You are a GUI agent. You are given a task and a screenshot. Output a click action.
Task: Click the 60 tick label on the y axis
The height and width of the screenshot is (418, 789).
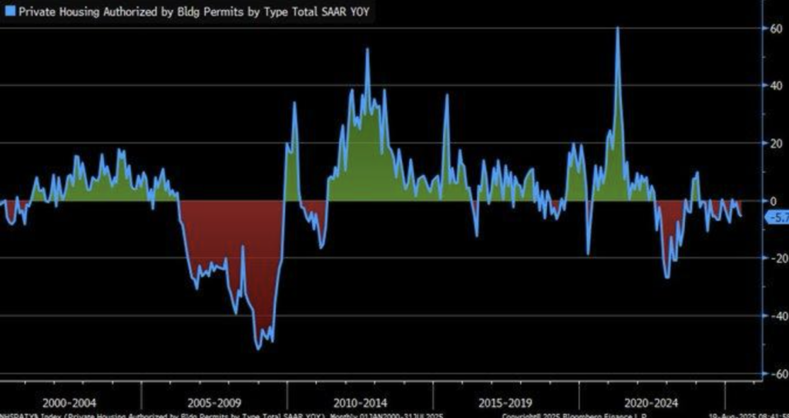point(773,28)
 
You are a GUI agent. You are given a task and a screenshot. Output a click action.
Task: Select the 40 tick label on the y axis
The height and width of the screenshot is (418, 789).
point(773,86)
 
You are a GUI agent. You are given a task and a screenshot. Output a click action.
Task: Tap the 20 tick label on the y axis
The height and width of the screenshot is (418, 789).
point(773,143)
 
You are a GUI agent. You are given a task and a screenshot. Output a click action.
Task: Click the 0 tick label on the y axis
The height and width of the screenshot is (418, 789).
point(773,201)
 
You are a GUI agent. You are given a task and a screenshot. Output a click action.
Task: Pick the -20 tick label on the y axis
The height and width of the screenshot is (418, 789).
point(771,258)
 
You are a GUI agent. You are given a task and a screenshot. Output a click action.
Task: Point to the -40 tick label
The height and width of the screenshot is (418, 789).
point(771,316)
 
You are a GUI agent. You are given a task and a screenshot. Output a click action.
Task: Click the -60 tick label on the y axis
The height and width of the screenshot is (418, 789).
point(771,374)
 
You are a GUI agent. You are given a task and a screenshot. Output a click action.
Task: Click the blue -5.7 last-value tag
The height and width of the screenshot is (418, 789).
point(774,218)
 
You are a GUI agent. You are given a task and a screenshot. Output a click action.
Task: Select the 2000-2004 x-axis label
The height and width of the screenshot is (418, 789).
point(70,403)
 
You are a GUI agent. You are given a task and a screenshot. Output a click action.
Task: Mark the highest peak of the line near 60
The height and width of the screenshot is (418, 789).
point(617,29)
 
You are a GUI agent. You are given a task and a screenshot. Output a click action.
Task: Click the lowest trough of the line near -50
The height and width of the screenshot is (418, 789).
point(259,349)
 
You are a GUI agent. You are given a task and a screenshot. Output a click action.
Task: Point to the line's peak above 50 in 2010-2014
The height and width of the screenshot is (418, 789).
point(367,49)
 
